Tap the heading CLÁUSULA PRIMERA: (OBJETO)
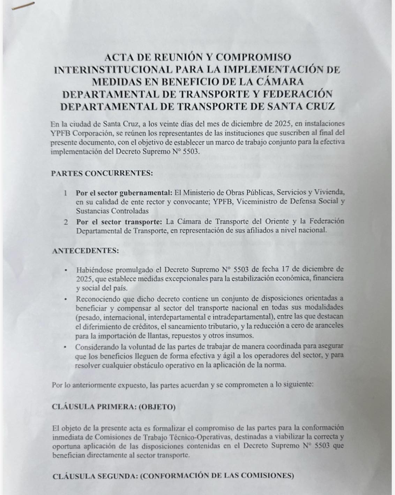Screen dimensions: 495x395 pyautogui.click(x=113, y=407)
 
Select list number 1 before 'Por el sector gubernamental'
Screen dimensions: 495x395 pyautogui.click(x=65, y=193)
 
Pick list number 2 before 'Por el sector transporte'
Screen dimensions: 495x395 pyautogui.click(x=65, y=221)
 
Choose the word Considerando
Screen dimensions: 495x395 pyautogui.click(x=98, y=346)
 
